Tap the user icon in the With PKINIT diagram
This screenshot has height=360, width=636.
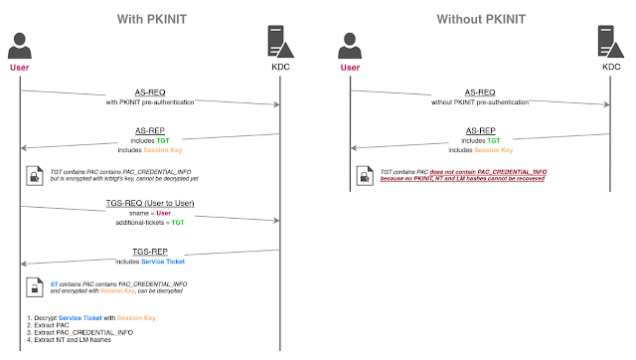pos(20,46)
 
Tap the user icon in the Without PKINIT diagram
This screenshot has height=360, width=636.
pos(348,46)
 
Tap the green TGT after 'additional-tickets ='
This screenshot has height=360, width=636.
pos(180,223)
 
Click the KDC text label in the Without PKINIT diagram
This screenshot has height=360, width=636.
pos(609,67)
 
